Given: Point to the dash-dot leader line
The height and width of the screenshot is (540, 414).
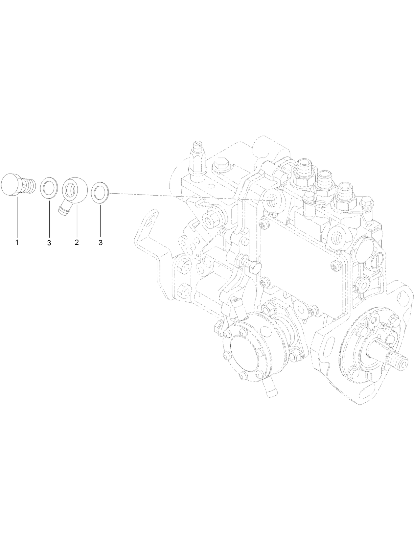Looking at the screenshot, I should (x=184, y=197).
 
